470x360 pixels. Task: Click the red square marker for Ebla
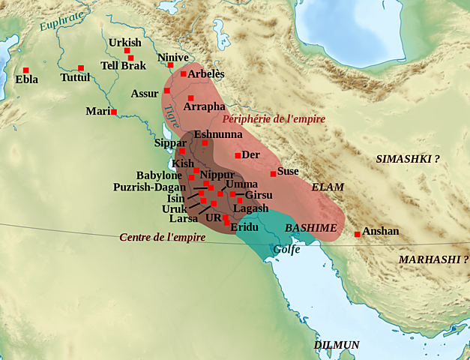pyautogui.click(x=25, y=70)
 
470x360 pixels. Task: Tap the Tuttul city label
pyautogui.click(x=75, y=78)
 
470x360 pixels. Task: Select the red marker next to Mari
pyautogui.click(x=114, y=112)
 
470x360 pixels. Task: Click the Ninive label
pyautogui.click(x=173, y=57)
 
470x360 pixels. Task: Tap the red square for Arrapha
pyautogui.click(x=191, y=98)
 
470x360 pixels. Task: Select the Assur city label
pyautogui.click(x=145, y=94)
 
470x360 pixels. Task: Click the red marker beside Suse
pyautogui.click(x=273, y=174)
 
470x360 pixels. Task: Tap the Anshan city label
pyautogui.click(x=380, y=232)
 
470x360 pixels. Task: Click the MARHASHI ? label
pyautogui.click(x=433, y=259)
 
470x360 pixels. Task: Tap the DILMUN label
pyautogui.click(x=337, y=344)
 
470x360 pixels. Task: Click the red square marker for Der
pyautogui.click(x=238, y=155)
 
